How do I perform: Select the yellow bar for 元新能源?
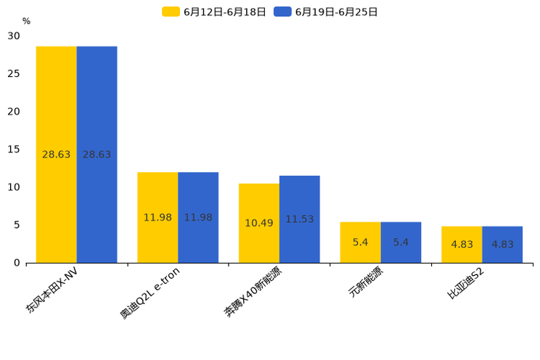point(360,250)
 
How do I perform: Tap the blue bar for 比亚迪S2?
point(502,253)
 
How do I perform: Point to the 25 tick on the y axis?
point(14,73)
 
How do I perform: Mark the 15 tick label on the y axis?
point(14,149)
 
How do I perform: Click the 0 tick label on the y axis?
point(17,263)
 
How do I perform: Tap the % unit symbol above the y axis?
point(26,21)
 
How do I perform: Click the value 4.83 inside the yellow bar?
point(462,245)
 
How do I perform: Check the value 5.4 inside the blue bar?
point(401,242)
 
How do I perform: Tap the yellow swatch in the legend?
point(171,12)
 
